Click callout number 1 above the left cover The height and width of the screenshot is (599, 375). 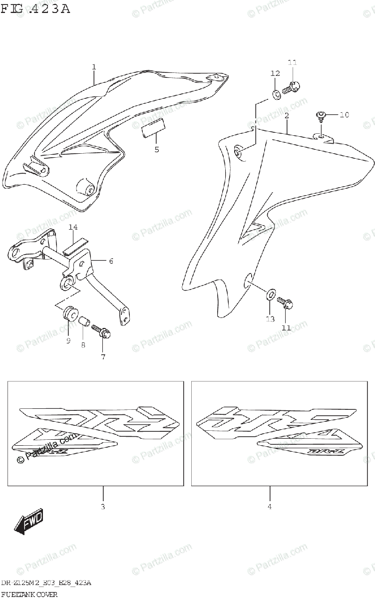click(93, 67)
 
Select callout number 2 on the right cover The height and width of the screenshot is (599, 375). click(287, 116)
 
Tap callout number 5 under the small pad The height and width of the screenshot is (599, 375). click(156, 149)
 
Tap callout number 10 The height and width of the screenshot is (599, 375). click(344, 115)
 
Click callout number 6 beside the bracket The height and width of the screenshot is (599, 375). click(111, 261)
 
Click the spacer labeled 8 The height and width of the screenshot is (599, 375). click(84, 319)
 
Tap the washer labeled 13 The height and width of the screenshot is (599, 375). click(270, 295)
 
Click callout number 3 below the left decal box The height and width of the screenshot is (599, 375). click(103, 507)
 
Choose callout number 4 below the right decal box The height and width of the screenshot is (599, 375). click(270, 507)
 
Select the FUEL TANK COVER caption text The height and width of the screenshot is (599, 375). click(29, 594)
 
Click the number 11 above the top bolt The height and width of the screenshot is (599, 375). click(292, 62)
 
